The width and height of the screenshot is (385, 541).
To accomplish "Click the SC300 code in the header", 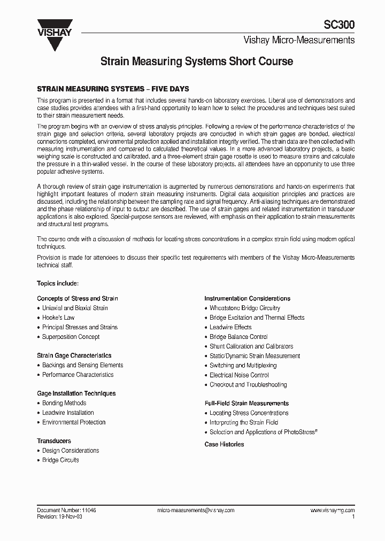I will [x=339, y=25].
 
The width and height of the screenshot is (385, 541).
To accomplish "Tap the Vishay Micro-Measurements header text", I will [x=299, y=40].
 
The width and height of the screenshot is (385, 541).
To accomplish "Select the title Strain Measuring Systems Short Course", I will [x=197, y=62].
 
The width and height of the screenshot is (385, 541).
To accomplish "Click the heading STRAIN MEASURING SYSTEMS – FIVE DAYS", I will [x=113, y=89].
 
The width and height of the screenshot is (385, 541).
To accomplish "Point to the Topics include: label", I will [x=58, y=283].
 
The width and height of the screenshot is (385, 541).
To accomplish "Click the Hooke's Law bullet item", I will [x=58, y=318].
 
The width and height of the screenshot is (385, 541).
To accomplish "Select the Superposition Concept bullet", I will [x=71, y=337].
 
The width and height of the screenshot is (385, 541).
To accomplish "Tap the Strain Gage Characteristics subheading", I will [x=74, y=355].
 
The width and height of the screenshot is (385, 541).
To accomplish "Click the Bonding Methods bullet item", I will [x=64, y=403].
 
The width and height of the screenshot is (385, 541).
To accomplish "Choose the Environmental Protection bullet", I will [x=74, y=422].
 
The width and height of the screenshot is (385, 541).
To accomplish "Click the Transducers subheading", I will [x=54, y=441].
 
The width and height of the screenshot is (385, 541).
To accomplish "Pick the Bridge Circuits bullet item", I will [x=60, y=460].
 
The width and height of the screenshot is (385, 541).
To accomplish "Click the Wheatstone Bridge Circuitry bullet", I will [x=244, y=308].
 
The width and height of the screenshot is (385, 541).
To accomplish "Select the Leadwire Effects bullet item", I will [x=230, y=327].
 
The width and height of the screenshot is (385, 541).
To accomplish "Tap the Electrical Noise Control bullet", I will [x=239, y=375].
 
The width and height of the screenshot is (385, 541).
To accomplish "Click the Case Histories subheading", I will [x=224, y=444].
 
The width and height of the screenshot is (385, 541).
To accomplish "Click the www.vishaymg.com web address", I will [x=332, y=511].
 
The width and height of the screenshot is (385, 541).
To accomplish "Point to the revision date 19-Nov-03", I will [x=71, y=517].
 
